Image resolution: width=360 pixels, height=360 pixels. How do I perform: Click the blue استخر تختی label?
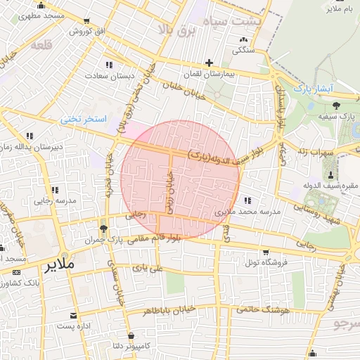[83, 120]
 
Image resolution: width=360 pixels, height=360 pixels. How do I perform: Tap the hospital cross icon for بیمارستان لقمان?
[209, 63]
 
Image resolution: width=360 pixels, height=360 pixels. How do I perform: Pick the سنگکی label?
[243, 50]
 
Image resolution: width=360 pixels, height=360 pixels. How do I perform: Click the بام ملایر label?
[344, 8]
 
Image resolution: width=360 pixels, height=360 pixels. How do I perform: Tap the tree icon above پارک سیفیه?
[335, 105]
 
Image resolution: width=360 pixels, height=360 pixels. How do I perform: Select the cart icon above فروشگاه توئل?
[265, 252]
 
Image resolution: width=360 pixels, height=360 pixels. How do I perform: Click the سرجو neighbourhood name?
[346, 324]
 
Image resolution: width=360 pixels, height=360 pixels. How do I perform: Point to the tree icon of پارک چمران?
[103, 229]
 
